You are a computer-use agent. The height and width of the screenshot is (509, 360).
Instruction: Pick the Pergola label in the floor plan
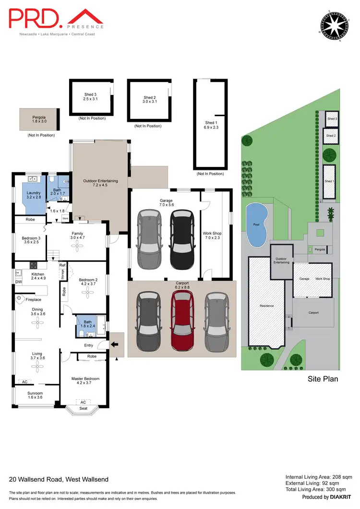tap(39, 118)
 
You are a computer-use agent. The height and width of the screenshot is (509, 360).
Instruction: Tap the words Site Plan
tap(323, 379)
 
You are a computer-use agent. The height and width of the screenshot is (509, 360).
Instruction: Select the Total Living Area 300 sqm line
tap(319, 490)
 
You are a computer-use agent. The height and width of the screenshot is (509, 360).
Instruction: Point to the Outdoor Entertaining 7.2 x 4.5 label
tap(100, 183)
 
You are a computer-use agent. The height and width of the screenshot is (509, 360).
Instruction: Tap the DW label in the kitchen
tap(18, 282)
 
